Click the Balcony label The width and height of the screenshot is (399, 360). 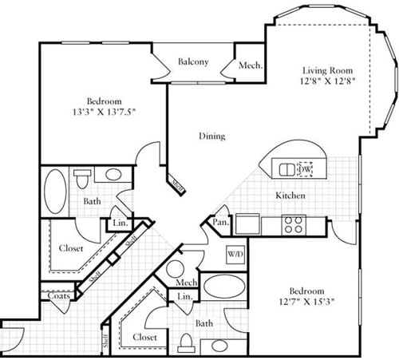[193, 62]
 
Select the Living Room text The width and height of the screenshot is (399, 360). [328, 69]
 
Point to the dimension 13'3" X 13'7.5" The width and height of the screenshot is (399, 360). [104, 113]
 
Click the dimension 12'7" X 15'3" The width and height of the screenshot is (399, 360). [306, 301]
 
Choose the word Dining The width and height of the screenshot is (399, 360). [211, 136]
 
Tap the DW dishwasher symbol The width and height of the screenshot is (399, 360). [304, 168]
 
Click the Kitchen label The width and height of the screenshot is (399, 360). [291, 195]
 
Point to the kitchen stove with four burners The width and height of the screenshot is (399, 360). [293, 224]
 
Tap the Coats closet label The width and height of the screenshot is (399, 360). [57, 295]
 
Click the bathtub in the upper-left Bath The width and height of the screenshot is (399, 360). [55, 192]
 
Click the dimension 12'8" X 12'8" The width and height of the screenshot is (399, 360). [328, 81]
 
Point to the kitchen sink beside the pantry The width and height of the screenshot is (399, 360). [247, 224]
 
